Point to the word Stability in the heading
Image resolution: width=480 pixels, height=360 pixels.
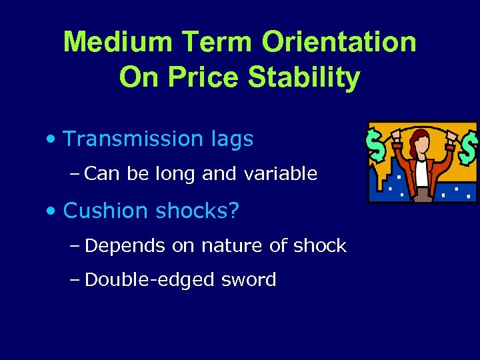click(x=303, y=78)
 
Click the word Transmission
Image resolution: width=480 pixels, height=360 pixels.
click(x=127, y=139)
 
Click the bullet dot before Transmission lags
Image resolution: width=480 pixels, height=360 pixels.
click(x=51, y=140)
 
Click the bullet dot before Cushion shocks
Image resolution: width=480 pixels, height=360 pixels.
click(x=51, y=212)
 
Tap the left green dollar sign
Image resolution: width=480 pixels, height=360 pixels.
click(x=377, y=147)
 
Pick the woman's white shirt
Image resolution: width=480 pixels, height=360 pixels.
click(x=422, y=172)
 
